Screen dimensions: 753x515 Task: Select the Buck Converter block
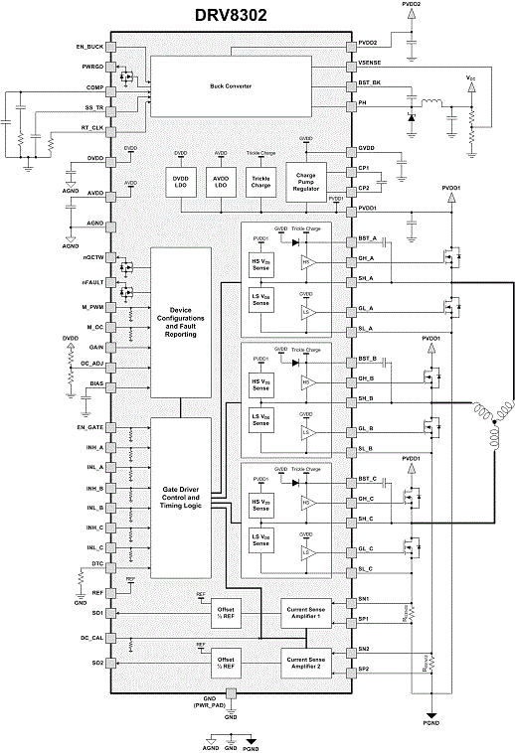(x=231, y=86)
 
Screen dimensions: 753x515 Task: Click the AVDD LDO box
(x=220, y=184)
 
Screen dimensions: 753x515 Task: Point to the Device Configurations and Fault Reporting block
(x=180, y=322)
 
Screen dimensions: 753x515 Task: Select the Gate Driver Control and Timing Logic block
(x=180, y=497)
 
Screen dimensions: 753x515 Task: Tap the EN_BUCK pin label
(x=88, y=47)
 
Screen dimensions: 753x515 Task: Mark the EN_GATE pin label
(x=90, y=426)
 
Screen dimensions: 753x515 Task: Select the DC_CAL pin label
(x=91, y=638)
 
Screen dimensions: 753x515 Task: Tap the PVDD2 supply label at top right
(x=412, y=5)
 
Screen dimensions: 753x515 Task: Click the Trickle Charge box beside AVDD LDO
(x=260, y=184)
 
